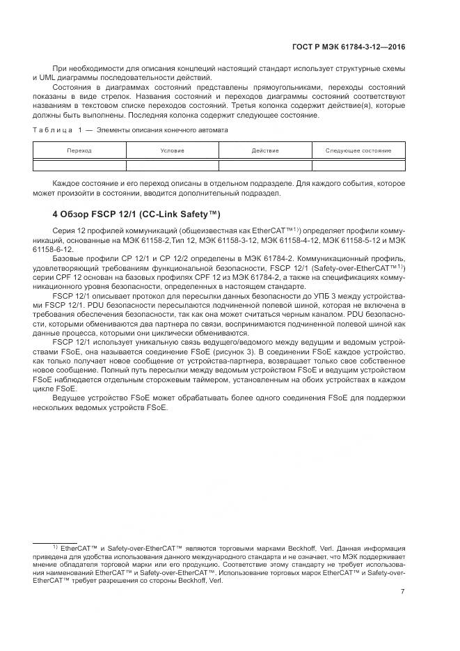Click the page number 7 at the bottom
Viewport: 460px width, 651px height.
pyautogui.click(x=403, y=592)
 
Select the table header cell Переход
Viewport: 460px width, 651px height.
pyautogui.click(x=79, y=150)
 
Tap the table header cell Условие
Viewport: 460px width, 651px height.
pyautogui.click(x=172, y=150)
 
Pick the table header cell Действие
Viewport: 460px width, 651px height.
pyautogui.click(x=265, y=150)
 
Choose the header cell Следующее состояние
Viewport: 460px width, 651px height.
pyautogui.click(x=358, y=150)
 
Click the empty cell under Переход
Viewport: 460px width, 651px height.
pyautogui.click(x=79, y=165)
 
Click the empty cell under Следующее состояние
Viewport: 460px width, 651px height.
pyautogui.click(x=358, y=165)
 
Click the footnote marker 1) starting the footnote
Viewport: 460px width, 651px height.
pyautogui.click(x=55, y=547)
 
